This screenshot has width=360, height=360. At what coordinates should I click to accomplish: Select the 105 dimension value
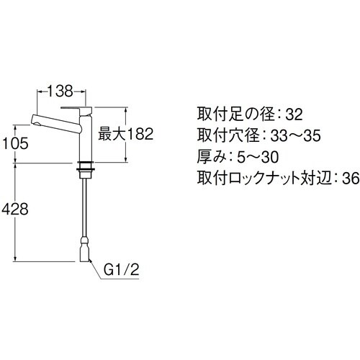pos(15,143)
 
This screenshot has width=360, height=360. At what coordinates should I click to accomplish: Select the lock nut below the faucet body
pos(86,171)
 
